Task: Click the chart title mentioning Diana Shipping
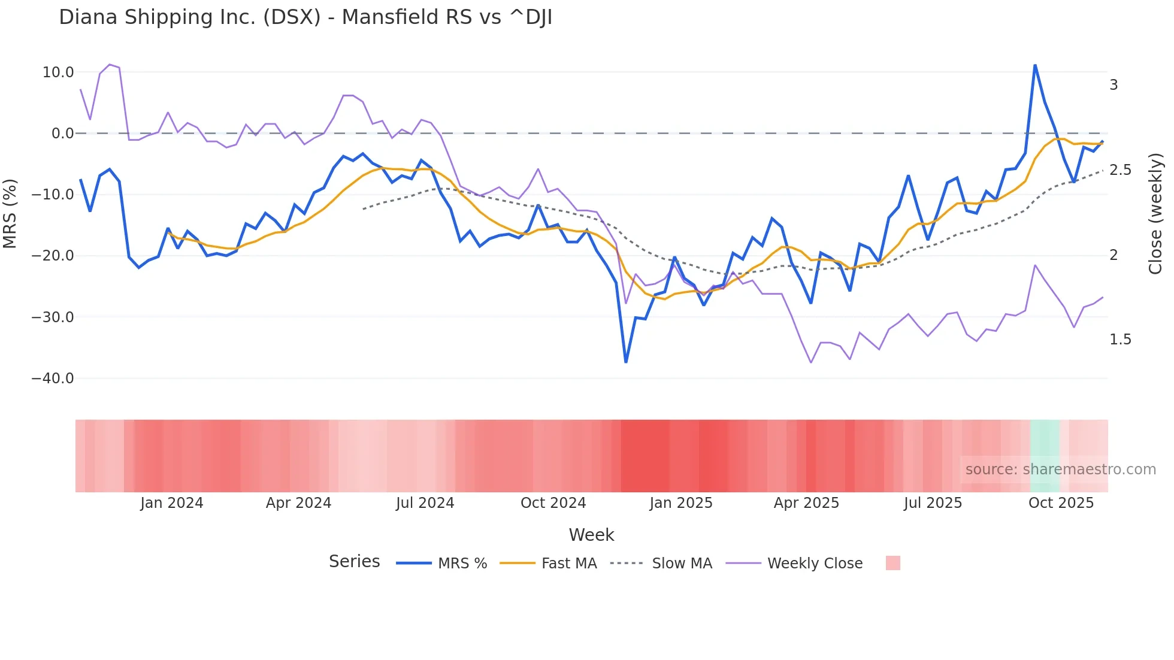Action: pos(305,17)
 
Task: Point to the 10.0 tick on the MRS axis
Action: pos(58,72)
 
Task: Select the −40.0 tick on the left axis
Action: pos(53,379)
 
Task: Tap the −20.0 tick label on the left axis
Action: pos(53,256)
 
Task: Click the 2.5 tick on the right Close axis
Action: pos(1120,170)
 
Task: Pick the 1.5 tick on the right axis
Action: pos(1120,340)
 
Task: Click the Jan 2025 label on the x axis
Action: pos(681,503)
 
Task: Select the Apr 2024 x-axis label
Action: pos(298,503)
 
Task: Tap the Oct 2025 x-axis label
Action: pos(1061,503)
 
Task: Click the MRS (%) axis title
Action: pos(10,213)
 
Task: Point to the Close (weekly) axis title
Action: pos(1155,213)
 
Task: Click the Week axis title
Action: pos(591,535)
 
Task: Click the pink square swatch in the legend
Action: pos(892,563)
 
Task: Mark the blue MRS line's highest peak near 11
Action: pos(1035,65)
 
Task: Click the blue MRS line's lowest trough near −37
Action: pos(626,362)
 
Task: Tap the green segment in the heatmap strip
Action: pos(1045,456)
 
